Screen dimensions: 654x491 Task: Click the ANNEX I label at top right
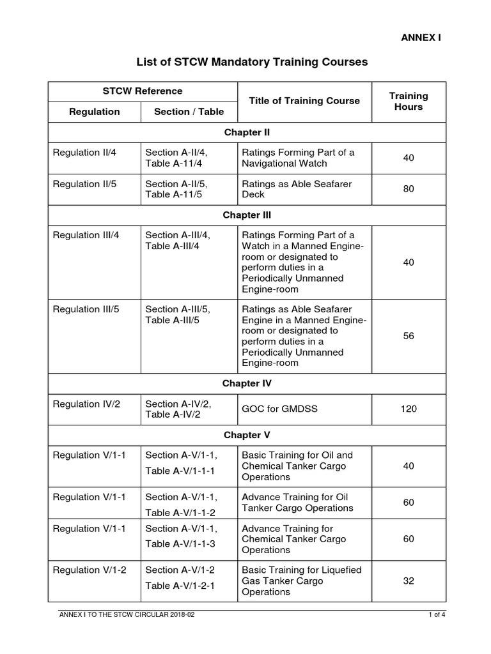tap(421, 37)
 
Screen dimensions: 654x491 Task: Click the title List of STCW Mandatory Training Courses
tap(253, 63)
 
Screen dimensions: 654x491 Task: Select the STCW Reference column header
tap(143, 91)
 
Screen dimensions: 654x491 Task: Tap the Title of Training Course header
tap(304, 100)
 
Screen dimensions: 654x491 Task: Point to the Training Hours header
tap(409, 101)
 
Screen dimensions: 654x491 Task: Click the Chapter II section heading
tap(247, 132)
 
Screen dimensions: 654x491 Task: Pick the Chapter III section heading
tap(247, 215)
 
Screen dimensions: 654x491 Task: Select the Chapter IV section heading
tap(247, 383)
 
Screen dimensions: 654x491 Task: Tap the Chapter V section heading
tap(247, 435)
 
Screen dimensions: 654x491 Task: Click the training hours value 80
tap(409, 189)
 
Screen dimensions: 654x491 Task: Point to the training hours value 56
tap(409, 336)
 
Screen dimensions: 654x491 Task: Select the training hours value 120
tap(409, 409)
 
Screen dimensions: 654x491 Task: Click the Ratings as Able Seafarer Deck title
tap(297, 189)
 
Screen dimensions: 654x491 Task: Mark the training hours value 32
tap(409, 581)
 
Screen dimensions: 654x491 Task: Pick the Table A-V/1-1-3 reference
tap(181, 544)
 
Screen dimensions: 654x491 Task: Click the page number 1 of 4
tap(437, 615)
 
